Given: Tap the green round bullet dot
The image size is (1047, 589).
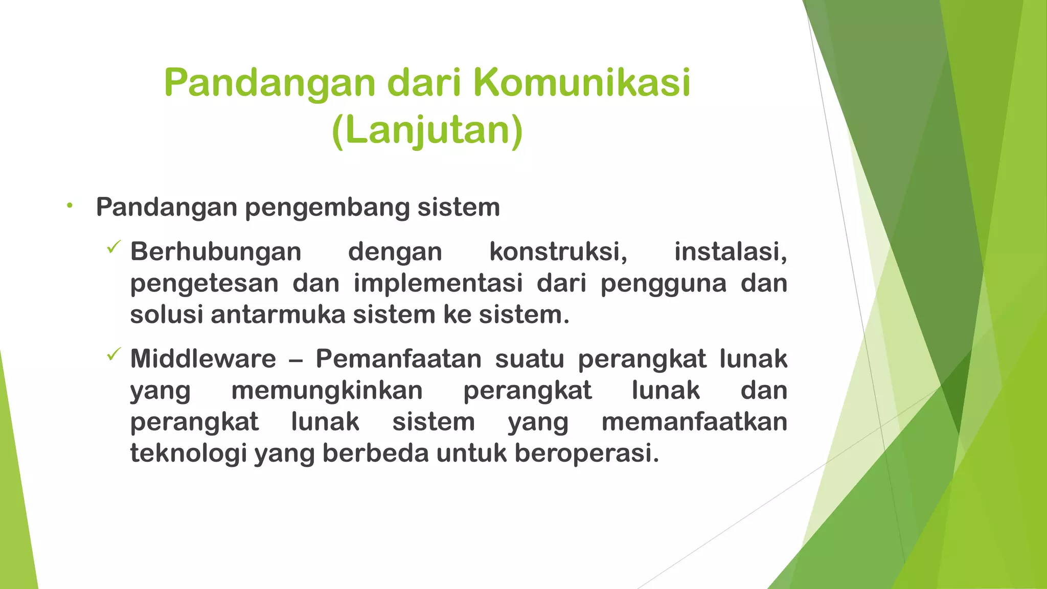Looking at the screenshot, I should [x=70, y=206].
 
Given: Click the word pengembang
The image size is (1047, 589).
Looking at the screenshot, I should [x=327, y=208].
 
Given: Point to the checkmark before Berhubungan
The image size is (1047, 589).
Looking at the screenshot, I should [x=113, y=248].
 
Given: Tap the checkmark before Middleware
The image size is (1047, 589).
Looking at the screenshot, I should [x=113, y=354].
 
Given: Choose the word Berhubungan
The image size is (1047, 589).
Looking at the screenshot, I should [x=216, y=252].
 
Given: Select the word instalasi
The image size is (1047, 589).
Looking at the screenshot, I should [x=731, y=252].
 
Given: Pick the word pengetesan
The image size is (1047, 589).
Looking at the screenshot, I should [x=204, y=284].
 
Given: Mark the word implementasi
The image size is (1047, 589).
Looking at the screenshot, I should [x=438, y=283].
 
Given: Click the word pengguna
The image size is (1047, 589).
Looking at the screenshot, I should [x=663, y=284].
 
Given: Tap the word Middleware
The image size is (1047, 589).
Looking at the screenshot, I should [x=203, y=358].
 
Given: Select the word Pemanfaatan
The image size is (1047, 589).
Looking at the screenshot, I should [x=399, y=358].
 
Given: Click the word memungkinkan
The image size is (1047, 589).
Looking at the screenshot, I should [x=327, y=391].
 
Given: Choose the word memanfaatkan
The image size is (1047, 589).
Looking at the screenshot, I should [x=694, y=422].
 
